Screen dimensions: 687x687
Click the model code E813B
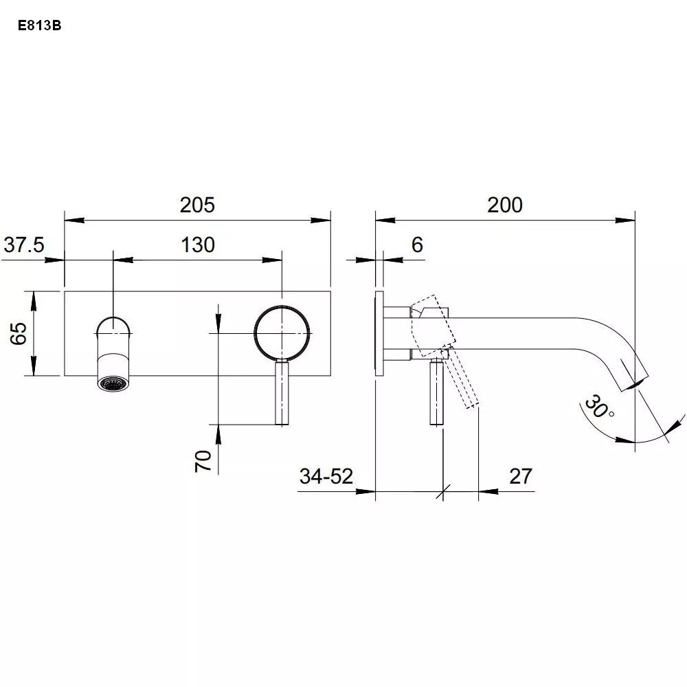tap(39, 26)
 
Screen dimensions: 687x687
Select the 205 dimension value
tap(198, 205)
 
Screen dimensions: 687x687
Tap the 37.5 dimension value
tap(24, 245)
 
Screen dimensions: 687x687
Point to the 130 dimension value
tap(198, 245)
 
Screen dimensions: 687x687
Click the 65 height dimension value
tap(19, 333)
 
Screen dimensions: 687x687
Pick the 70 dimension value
tap(203, 460)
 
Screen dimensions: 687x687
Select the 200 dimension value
tap(505, 205)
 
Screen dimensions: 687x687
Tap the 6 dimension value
tap(417, 245)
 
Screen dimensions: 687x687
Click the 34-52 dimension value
tap(326, 476)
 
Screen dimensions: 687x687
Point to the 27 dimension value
tap(521, 476)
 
